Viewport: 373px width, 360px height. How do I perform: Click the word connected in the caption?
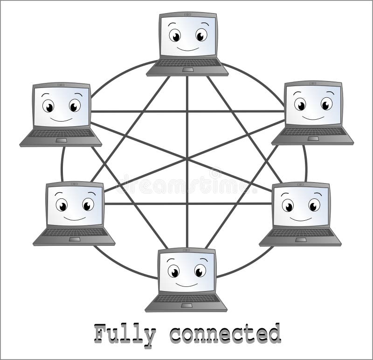pos(225,334)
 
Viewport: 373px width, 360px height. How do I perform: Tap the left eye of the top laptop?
pos(175,35)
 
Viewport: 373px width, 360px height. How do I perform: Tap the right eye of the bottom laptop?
pos(200,271)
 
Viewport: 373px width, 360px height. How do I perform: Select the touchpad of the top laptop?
pos(188,69)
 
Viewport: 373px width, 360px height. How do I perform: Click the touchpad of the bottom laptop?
pos(186,306)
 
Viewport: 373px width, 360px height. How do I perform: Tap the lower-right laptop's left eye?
pos(288,205)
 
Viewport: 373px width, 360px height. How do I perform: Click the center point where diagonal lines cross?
pos(187,159)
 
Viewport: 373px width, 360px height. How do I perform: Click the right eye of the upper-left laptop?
pos(75,106)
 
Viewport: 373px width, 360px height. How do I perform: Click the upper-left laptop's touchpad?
pos(61,140)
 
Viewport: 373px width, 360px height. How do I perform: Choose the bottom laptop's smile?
pos(186,283)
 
